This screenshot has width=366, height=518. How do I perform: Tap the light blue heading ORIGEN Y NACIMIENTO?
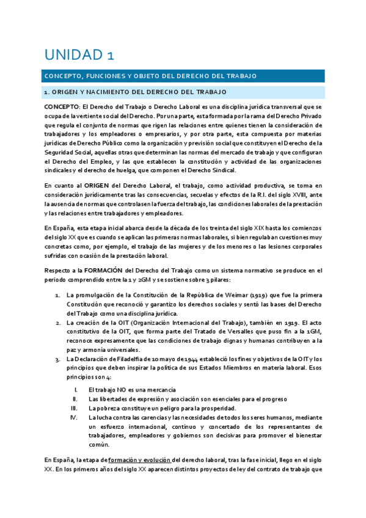[x=126, y=92]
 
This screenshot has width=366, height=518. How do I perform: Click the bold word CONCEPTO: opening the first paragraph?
[x=62, y=107]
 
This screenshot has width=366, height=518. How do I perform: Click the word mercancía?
[x=159, y=389]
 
